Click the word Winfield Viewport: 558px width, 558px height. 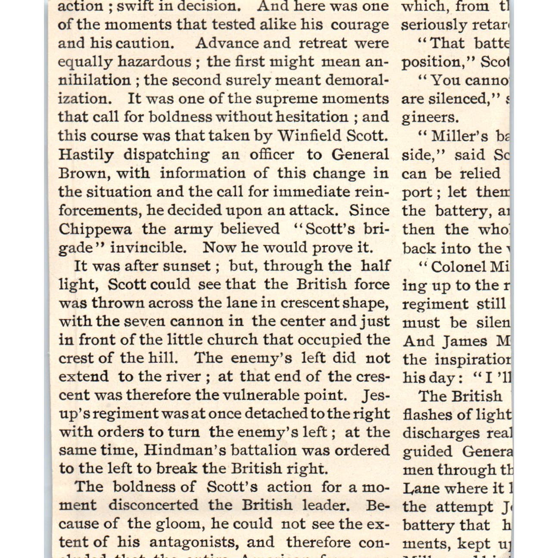coord(309,136)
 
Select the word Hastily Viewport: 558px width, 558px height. coord(86,155)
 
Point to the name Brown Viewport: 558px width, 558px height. coord(82,173)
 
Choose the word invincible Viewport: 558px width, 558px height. coord(148,248)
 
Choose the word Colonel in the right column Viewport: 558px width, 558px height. coord(458,267)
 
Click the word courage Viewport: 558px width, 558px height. coord(360,25)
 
